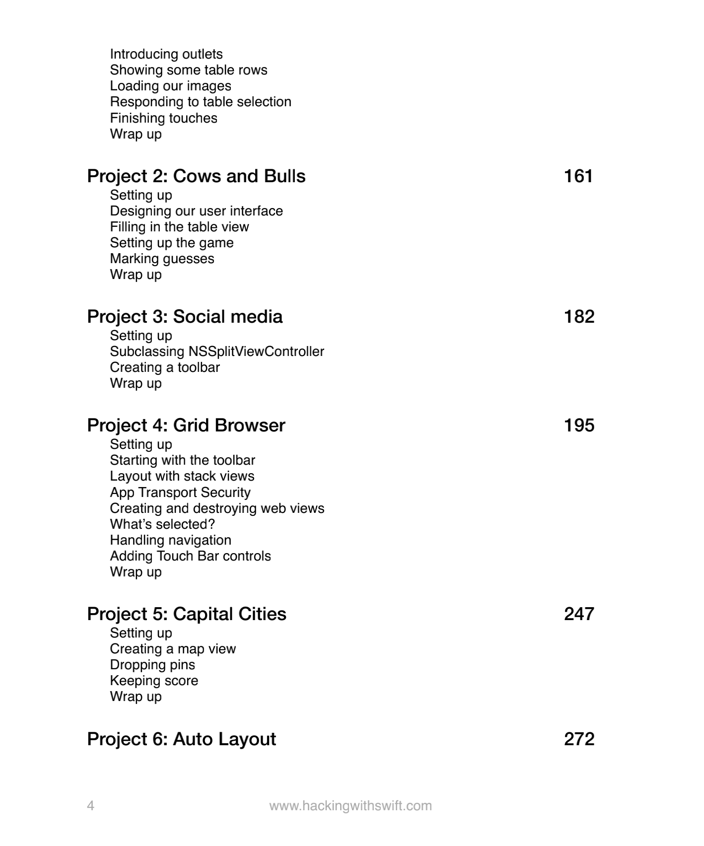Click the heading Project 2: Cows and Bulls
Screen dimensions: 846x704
tap(196, 176)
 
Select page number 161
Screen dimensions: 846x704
tap(578, 176)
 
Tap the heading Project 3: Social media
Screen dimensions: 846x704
tap(185, 317)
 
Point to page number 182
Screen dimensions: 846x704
tap(579, 317)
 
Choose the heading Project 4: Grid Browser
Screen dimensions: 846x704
tap(186, 425)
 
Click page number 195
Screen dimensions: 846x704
tap(579, 425)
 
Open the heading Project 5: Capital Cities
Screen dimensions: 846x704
tap(187, 614)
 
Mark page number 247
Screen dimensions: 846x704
tap(579, 614)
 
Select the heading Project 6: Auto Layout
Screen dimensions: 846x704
tap(181, 739)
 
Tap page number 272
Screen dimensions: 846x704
tap(579, 739)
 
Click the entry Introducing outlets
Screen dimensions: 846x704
tap(166, 54)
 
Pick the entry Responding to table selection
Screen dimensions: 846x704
tap(201, 102)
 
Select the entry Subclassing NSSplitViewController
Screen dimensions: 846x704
tap(217, 352)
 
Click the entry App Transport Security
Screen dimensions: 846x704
tap(180, 493)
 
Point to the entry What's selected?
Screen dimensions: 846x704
tap(162, 524)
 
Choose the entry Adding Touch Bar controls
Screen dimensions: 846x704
tap(190, 556)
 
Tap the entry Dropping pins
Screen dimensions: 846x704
tap(152, 665)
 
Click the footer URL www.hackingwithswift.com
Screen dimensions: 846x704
tap(351, 806)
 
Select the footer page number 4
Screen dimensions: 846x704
tap(90, 806)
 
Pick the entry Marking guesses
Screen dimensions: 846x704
tap(162, 259)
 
